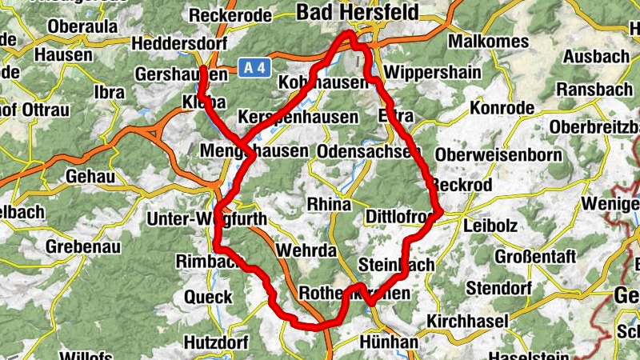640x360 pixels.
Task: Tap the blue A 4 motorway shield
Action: point(253,70)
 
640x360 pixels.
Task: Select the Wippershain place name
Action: point(432,73)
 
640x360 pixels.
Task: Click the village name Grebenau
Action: point(83,247)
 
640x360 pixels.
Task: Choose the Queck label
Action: point(208,297)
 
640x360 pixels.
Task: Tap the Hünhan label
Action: point(390,342)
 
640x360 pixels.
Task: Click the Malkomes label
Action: point(489,42)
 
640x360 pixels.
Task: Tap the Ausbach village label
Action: point(596,57)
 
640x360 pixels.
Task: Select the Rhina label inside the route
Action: point(329,205)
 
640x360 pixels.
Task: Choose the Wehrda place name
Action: point(306,250)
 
